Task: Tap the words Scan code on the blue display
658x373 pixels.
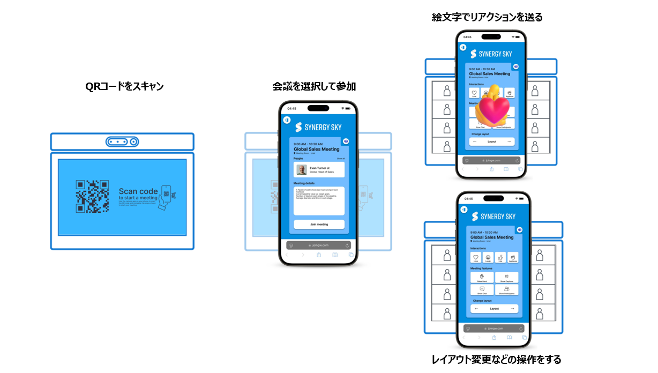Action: coord(138,191)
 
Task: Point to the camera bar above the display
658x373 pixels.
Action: coord(122,142)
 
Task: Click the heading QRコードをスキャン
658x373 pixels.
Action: coord(124,87)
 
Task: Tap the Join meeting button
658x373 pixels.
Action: coord(319,224)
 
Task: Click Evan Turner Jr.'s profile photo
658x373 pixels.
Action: coord(302,170)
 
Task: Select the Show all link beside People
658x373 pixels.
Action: coord(341,159)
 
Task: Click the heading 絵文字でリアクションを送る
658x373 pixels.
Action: coord(487,18)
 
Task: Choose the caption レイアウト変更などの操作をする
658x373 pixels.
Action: coord(496,360)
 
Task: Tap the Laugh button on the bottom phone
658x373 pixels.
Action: coord(488,258)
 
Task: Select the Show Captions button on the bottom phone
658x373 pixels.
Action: coord(506,277)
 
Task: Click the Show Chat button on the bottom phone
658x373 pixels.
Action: coord(482,290)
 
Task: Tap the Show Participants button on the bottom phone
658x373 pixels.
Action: coord(506,290)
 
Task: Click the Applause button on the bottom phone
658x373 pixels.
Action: coord(513,258)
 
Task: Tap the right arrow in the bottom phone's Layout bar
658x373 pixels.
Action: coord(512,309)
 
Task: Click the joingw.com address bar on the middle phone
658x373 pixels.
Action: coord(319,245)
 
